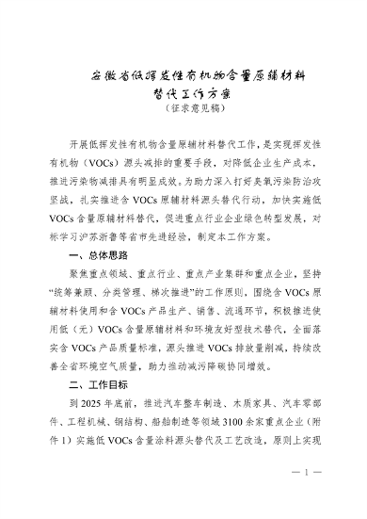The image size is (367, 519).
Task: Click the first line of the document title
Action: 183,73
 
